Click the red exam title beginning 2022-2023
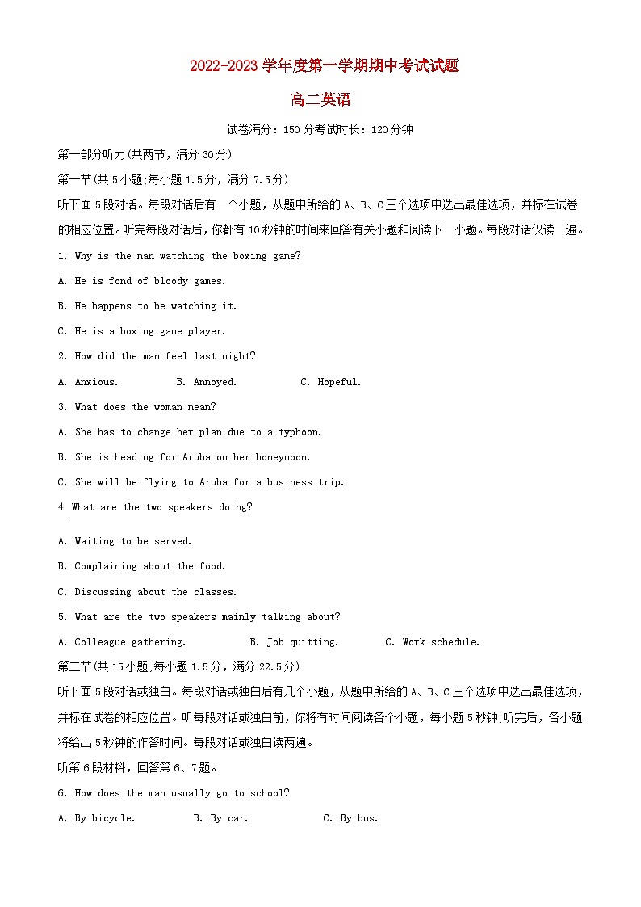click(324, 66)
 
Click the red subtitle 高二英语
click(320, 100)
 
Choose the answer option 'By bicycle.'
click(104, 818)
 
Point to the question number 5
click(62, 617)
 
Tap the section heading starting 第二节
click(178, 666)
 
